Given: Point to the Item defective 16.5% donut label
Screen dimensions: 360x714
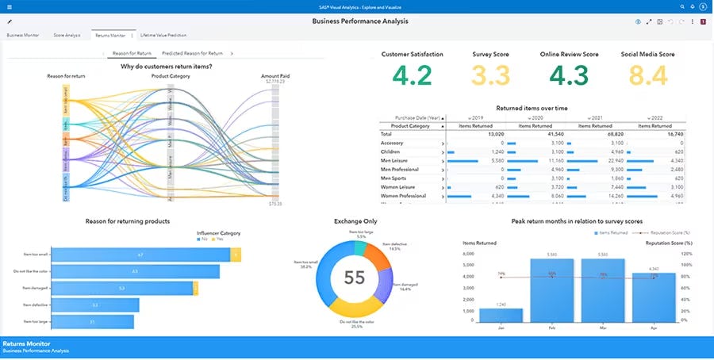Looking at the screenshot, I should pyautogui.click(x=394, y=247).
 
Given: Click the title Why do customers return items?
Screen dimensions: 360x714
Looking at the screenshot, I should pyautogui.click(x=166, y=67).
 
